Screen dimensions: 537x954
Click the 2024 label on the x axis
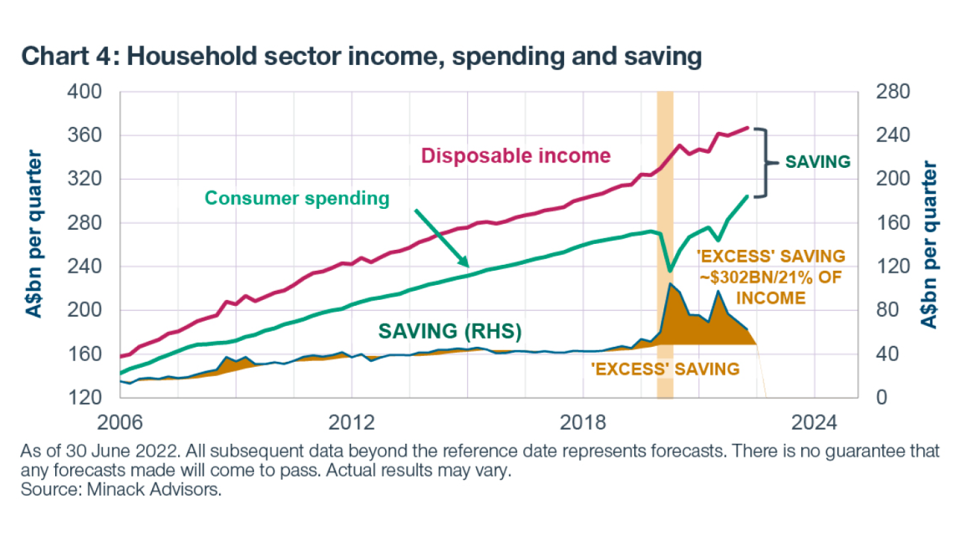click(815, 421)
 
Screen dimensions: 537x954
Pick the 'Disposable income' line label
click(516, 156)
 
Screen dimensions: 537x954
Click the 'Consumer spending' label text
click(297, 198)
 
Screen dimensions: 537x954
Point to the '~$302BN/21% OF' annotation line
click(771, 277)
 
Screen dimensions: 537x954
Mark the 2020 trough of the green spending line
click(670, 270)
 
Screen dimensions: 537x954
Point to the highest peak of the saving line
click(671, 284)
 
